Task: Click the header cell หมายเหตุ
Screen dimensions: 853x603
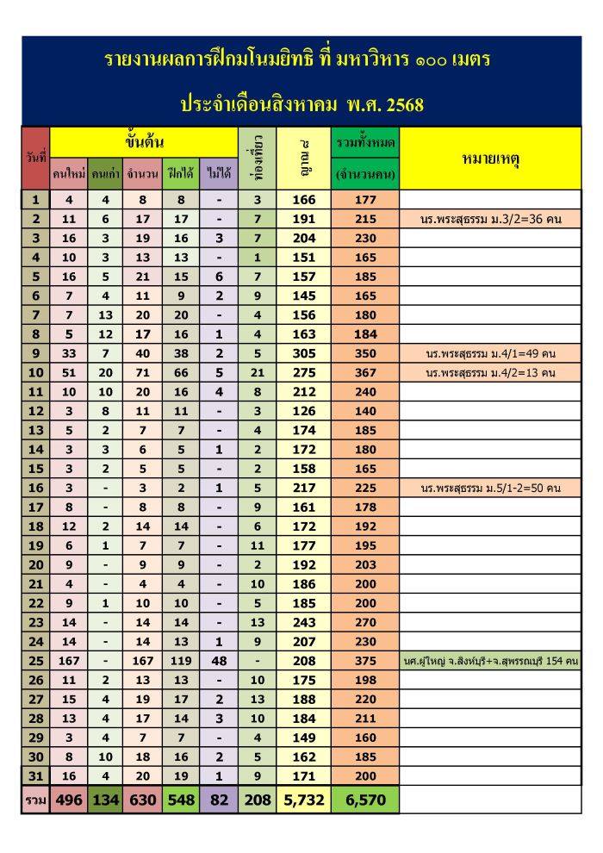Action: [x=489, y=159]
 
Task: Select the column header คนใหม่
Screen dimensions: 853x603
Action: [x=69, y=174]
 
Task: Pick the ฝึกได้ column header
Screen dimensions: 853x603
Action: [x=180, y=174]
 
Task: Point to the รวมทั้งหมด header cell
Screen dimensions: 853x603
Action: [x=365, y=141]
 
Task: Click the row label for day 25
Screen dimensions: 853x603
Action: [x=35, y=661]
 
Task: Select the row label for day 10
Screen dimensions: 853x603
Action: [x=35, y=373]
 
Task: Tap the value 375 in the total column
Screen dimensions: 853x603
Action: [x=365, y=661]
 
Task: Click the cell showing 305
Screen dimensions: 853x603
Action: [x=304, y=353]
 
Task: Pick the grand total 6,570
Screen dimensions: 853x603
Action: [x=365, y=800]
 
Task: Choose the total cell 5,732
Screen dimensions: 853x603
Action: [x=304, y=800]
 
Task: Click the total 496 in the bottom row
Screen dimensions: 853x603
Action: [x=69, y=800]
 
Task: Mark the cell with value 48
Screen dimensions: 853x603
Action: [x=218, y=661]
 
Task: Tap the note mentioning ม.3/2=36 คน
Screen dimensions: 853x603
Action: [x=489, y=220]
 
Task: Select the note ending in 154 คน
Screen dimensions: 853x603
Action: [x=489, y=661]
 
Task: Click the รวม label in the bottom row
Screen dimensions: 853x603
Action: [x=35, y=800]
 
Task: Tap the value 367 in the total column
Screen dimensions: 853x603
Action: [x=365, y=373]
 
